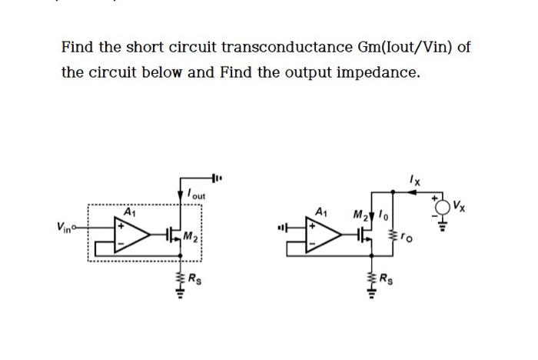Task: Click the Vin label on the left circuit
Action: pyautogui.click(x=65, y=227)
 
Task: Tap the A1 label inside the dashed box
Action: pyautogui.click(x=130, y=210)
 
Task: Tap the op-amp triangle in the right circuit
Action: pyautogui.click(x=327, y=235)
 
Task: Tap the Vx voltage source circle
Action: pyautogui.click(x=443, y=205)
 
